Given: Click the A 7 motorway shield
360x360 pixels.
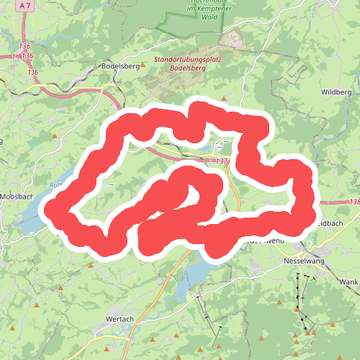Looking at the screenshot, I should tap(26, 6).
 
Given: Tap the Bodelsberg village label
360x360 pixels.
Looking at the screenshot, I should tap(120, 66).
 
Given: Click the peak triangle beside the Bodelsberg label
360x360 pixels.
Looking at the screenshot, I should tap(143, 65).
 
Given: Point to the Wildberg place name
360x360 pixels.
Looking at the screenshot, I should tap(336, 93).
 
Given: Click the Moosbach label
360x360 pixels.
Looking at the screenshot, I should tap(15, 197).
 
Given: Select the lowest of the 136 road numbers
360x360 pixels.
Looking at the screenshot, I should tap(32, 73).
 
